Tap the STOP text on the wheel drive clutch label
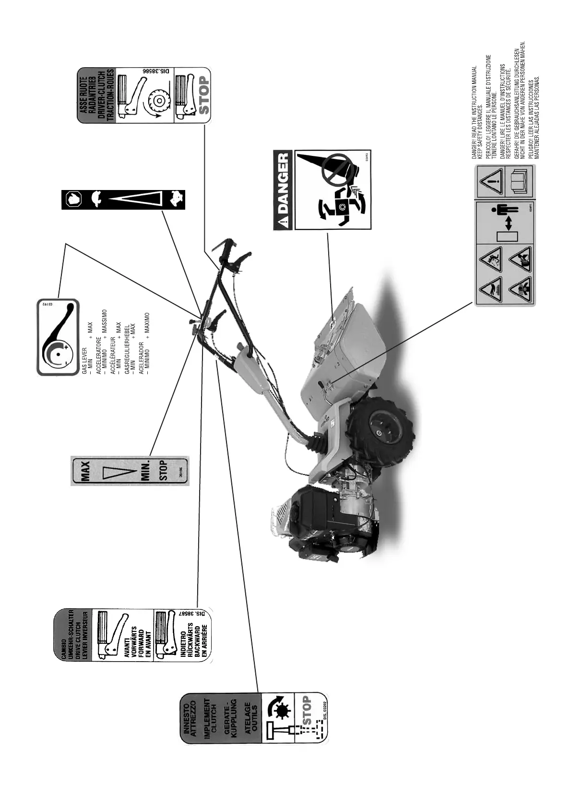[204, 95]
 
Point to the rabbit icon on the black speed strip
[175, 199]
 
